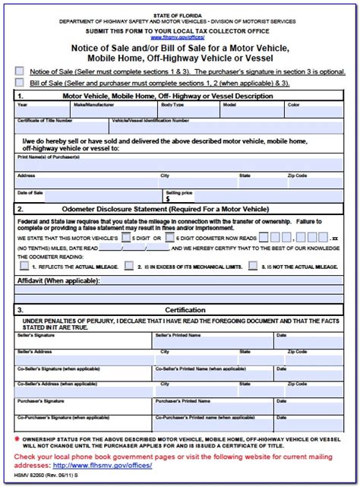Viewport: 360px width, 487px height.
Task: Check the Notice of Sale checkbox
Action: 19,71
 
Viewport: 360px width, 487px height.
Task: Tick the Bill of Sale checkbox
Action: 19,81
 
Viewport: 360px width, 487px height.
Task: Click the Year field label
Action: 22,105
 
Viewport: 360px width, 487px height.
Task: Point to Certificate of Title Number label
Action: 44,120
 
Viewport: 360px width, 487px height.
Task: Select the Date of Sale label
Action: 30,192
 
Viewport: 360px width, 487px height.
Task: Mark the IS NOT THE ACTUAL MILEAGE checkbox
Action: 254,267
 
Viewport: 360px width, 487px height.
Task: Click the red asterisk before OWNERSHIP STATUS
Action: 18,438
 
